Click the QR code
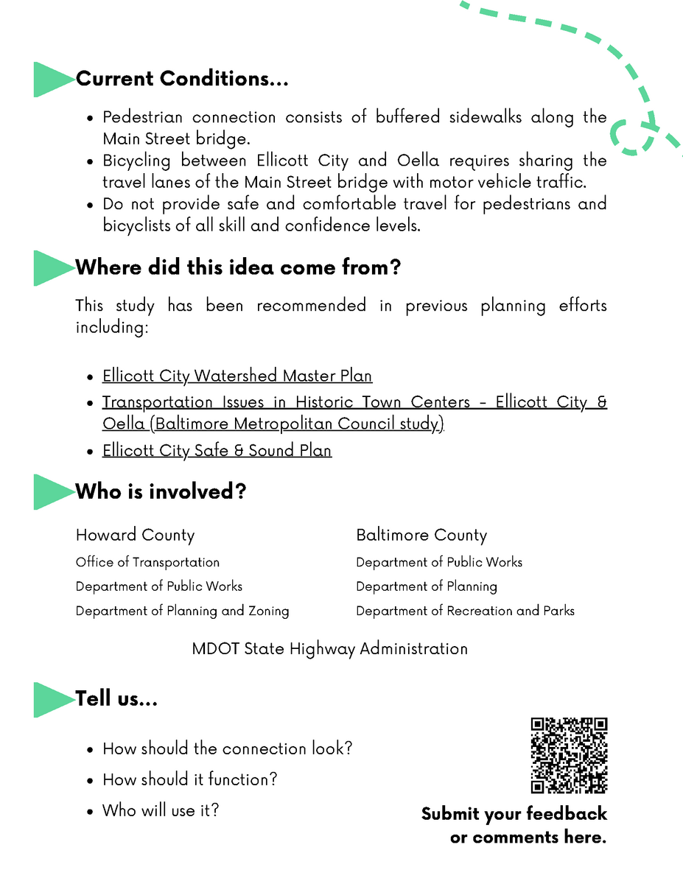pyautogui.click(x=569, y=755)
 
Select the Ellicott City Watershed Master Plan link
pyautogui.click(x=237, y=376)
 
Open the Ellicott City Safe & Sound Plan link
pyautogui.click(x=217, y=450)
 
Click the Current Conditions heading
pyautogui.click(x=182, y=79)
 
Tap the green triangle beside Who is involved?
pyautogui.click(x=52, y=491)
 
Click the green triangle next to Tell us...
pyautogui.click(x=52, y=699)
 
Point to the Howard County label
pyautogui.click(x=135, y=535)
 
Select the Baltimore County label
pyautogui.click(x=421, y=535)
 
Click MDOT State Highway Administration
pyautogui.click(x=329, y=649)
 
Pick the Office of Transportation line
pyautogui.click(x=147, y=562)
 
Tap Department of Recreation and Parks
pyautogui.click(x=465, y=611)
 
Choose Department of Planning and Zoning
pyautogui.click(x=182, y=611)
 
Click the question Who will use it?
pyautogui.click(x=161, y=810)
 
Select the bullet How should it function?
pyautogui.click(x=189, y=779)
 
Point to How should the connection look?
pyautogui.click(x=227, y=748)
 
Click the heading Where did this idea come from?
pyautogui.click(x=238, y=267)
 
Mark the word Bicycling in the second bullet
pyautogui.click(x=136, y=161)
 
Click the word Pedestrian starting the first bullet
pyautogui.click(x=142, y=117)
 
